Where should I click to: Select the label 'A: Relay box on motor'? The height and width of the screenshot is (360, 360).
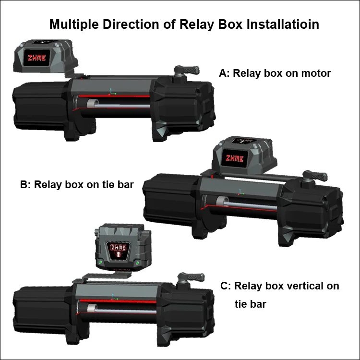[275, 73]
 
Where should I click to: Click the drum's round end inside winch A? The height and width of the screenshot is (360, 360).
[92, 103]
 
